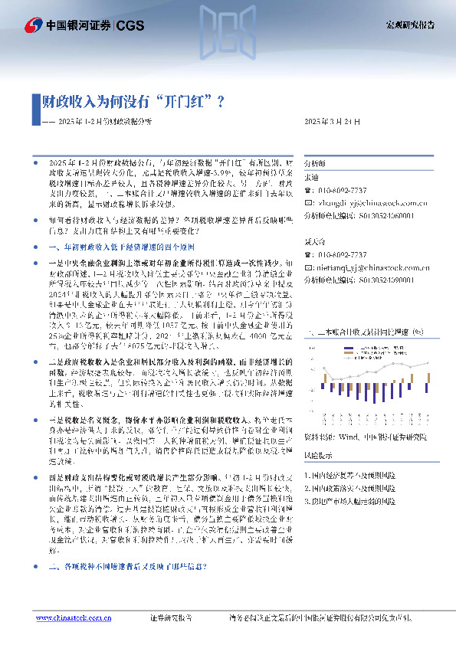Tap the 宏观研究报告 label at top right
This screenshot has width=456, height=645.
point(409,25)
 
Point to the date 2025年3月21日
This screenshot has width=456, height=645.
point(332,122)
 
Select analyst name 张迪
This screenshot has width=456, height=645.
point(311,177)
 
